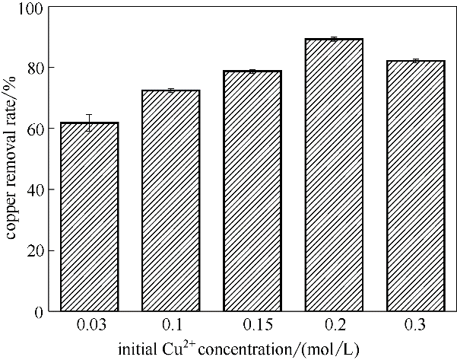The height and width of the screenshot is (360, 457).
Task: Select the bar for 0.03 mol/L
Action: [x=90, y=217]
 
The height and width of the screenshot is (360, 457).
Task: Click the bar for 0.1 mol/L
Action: [x=171, y=201]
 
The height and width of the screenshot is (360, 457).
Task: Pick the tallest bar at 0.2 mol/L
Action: [x=335, y=175]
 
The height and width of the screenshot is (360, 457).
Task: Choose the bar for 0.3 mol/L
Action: [x=416, y=186]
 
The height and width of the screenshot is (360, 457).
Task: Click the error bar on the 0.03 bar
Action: [x=90, y=123]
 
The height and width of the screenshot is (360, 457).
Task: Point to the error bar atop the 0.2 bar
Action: [x=335, y=39]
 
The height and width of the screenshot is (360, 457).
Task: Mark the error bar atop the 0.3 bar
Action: [x=416, y=60]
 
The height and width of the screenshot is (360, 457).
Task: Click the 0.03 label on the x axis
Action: [x=90, y=327]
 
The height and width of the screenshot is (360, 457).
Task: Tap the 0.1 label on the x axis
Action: [x=171, y=327]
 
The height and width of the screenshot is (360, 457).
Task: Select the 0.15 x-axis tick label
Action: [x=253, y=327]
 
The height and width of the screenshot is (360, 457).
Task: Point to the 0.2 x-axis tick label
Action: [x=335, y=327]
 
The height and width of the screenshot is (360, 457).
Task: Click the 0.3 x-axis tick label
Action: [x=416, y=327]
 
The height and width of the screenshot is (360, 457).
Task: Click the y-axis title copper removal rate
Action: [x=13, y=160]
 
